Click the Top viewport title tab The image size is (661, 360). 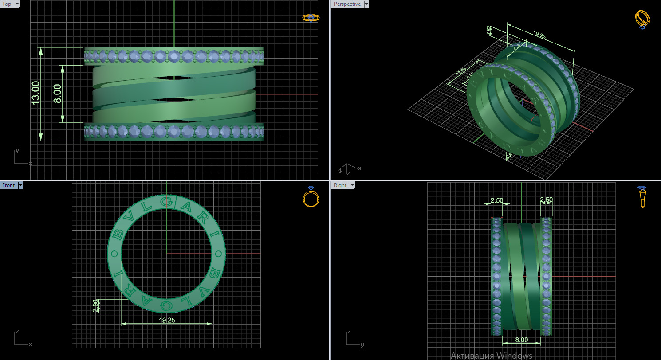point(7,4)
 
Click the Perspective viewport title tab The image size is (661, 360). point(347,4)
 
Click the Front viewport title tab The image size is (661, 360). point(8,185)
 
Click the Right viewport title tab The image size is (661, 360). point(340,185)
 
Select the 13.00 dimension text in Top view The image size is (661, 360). point(35,93)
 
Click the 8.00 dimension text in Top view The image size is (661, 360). point(57,94)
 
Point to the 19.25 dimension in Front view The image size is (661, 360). point(166,320)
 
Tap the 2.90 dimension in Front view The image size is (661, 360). point(95,305)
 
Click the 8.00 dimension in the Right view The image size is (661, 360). point(521,340)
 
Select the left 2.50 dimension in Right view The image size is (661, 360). point(496,200)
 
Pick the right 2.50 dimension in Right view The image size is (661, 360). point(546,200)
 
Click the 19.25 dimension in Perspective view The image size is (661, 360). point(539,34)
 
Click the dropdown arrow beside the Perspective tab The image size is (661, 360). point(366,4)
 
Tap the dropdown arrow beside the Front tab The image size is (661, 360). point(20,185)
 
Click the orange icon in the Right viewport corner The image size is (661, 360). point(642,197)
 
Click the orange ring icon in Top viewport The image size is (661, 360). point(311,18)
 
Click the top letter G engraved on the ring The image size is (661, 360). point(166,202)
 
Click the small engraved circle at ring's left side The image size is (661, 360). point(115,254)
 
